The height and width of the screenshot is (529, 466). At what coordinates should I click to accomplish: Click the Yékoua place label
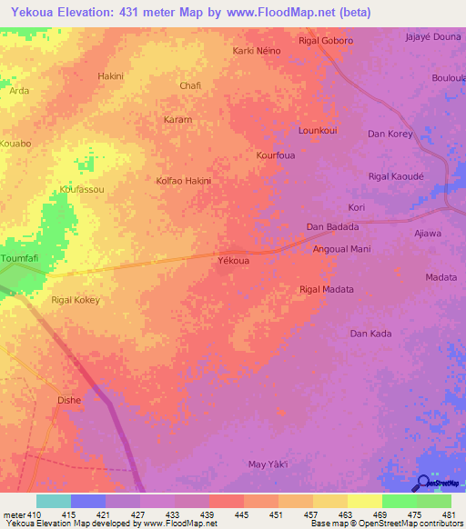(x=234, y=260)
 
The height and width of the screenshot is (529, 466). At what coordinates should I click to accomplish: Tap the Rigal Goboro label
(x=326, y=41)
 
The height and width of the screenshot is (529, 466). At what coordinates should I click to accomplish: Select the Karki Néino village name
(x=257, y=51)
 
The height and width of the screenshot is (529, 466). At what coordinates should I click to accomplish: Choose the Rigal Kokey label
(x=75, y=299)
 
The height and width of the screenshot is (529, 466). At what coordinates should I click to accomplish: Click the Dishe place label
(x=69, y=399)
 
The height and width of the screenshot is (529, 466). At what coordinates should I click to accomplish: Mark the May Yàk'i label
(x=268, y=464)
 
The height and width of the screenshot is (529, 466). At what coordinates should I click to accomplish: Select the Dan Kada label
(x=371, y=334)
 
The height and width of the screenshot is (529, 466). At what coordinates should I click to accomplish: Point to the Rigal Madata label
(x=326, y=289)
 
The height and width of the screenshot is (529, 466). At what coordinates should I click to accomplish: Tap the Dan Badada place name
(x=332, y=226)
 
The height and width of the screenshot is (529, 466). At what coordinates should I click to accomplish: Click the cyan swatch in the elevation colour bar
(x=54, y=500)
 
